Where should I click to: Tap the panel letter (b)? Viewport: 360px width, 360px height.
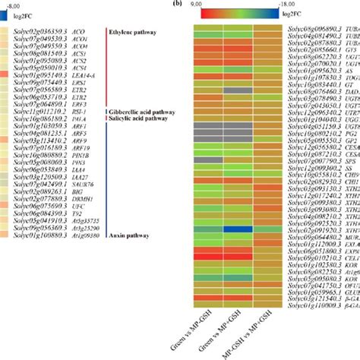177,4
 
